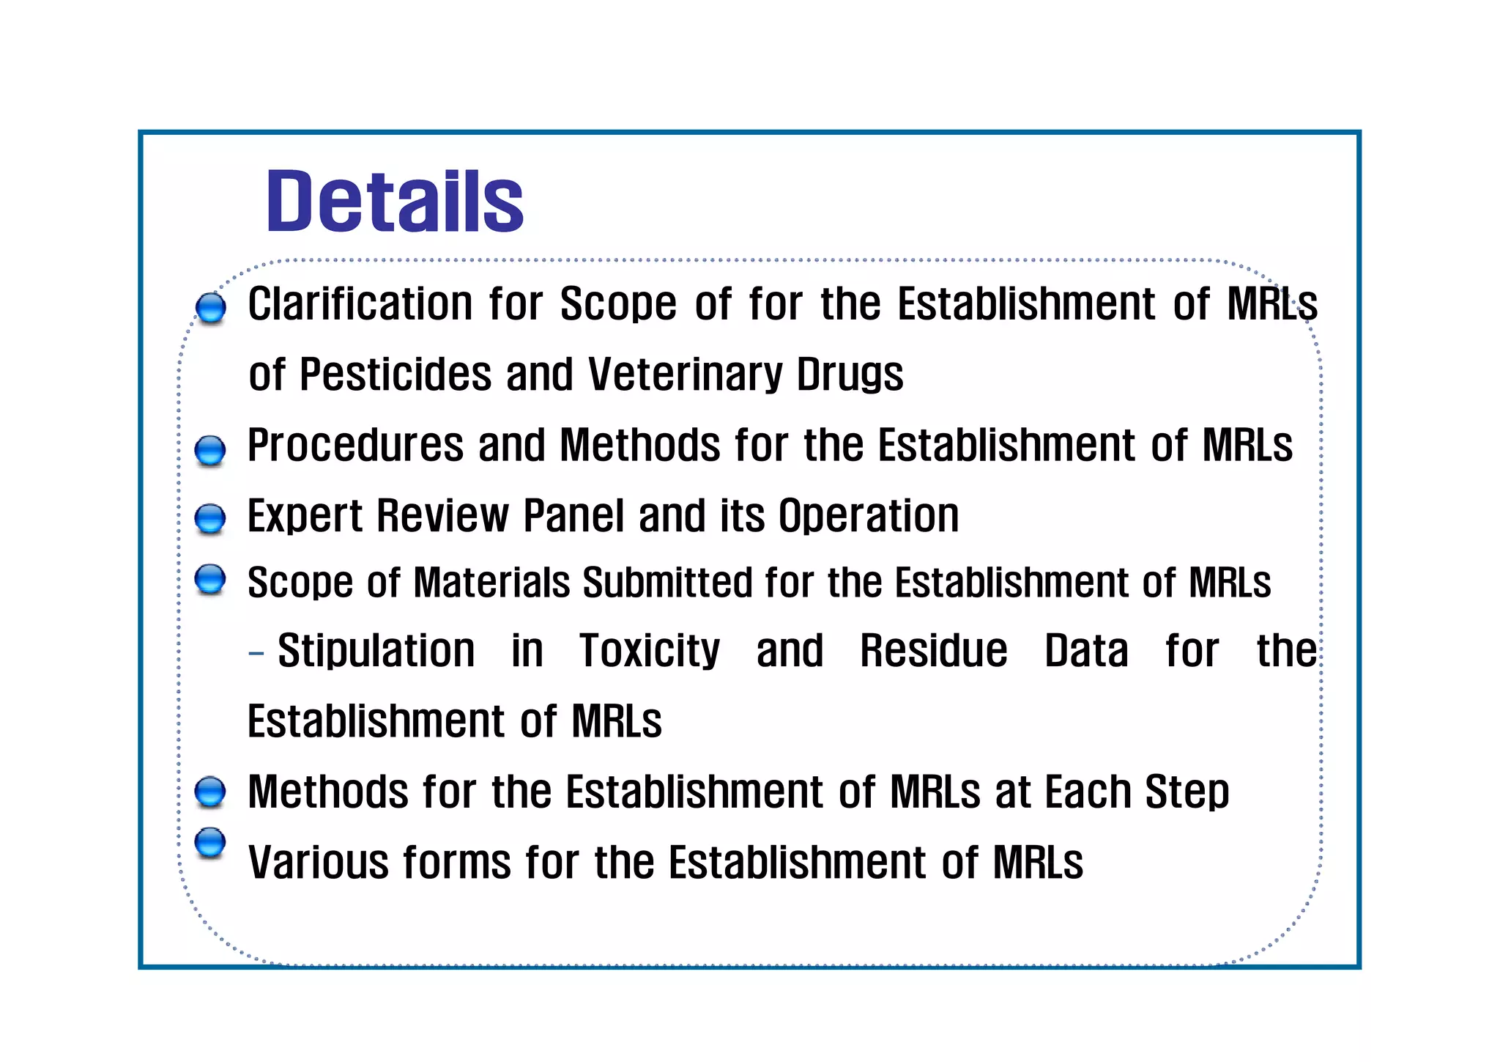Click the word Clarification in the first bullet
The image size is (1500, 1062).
360,303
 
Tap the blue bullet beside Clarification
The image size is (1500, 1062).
211,308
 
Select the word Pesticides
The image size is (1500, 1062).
395,375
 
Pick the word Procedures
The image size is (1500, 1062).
355,445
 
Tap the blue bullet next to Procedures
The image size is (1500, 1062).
210,451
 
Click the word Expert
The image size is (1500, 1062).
305,515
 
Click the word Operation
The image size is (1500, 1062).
868,515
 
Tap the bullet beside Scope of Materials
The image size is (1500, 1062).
210,579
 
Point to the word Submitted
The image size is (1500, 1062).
667,583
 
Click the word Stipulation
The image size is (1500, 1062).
376,651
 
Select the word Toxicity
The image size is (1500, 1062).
650,651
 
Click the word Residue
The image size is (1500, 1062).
933,651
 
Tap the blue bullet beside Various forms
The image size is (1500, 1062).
210,842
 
